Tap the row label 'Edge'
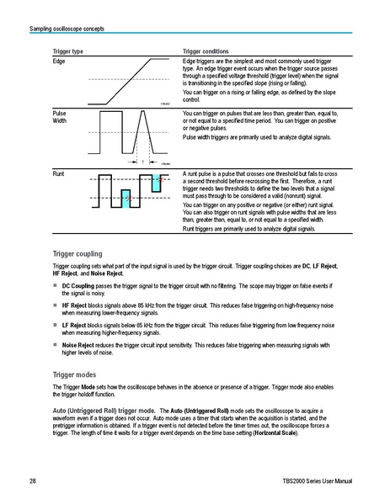coord(59,61)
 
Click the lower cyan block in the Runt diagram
coord(126,199)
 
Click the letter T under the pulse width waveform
coord(143,161)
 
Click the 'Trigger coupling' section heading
coord(77,252)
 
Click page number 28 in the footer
coord(32,480)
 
